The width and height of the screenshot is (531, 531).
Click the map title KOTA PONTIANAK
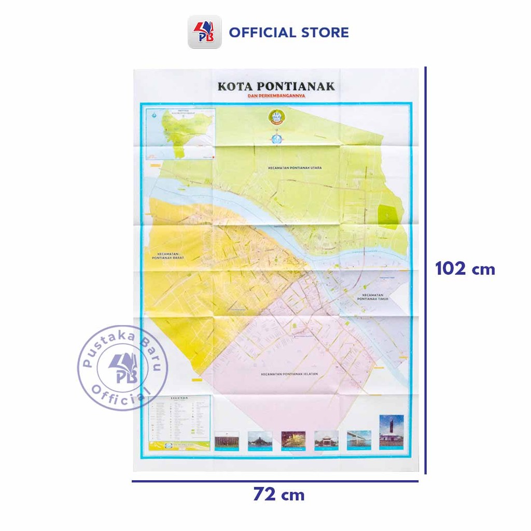click(x=276, y=86)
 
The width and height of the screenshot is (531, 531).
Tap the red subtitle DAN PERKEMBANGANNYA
click(x=276, y=96)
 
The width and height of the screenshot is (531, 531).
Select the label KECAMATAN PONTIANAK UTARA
click(x=291, y=169)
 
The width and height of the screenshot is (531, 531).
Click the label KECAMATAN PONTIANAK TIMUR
click(x=373, y=297)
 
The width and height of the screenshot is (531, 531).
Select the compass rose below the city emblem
click(x=276, y=138)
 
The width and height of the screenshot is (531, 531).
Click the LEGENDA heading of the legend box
click(x=179, y=399)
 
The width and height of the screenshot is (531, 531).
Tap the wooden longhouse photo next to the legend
click(x=227, y=440)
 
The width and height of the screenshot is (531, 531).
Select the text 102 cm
click(x=465, y=269)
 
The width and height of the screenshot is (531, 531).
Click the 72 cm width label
click(x=278, y=495)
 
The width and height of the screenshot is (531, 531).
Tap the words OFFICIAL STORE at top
click(x=289, y=32)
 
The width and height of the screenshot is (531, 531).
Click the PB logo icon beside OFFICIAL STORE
click(x=204, y=32)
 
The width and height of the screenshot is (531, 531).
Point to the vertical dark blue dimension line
click(x=426, y=270)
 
